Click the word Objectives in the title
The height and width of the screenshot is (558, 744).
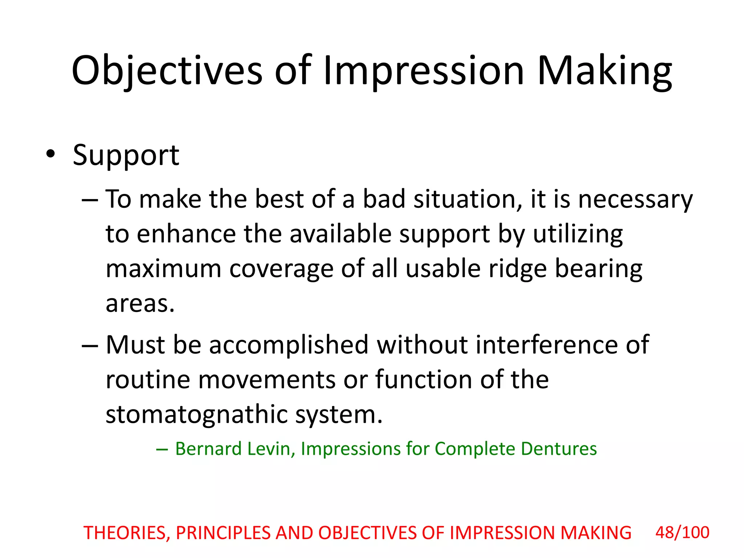(x=167, y=71)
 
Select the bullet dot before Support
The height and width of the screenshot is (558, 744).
(x=50, y=154)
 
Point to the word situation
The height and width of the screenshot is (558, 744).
(x=468, y=200)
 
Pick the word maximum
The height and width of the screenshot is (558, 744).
(x=163, y=269)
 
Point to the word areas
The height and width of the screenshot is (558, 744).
(x=140, y=304)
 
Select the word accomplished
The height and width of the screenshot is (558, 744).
(x=289, y=345)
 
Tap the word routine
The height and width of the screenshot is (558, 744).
(x=148, y=380)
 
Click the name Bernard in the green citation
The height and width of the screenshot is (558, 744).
(x=209, y=449)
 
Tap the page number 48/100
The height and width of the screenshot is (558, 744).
(x=682, y=533)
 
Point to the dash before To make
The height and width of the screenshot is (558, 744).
(x=90, y=201)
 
